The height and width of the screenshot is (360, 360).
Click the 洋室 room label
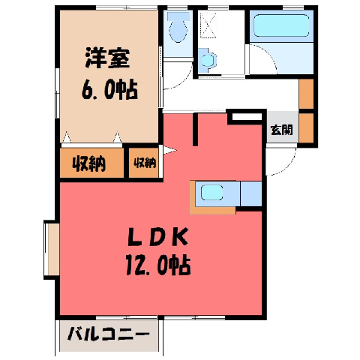coord(107,58)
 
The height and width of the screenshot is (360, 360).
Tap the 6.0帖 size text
coord(109,90)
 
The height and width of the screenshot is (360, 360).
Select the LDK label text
coord(157,236)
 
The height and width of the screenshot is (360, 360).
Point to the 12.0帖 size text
coord(158,265)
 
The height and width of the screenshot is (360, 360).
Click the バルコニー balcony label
coord(109,334)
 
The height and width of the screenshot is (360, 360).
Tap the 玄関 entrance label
coord(282,130)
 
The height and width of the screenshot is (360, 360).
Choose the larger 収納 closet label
coord(89,163)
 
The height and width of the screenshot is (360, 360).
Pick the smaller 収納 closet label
coord(145,163)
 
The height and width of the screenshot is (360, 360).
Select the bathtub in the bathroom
coord(281,25)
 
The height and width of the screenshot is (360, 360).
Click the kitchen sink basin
coord(211,193)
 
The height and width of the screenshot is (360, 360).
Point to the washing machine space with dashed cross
coord(208,25)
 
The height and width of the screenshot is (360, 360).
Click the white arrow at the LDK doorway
coord(169,150)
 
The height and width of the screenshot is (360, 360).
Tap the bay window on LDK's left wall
coord(52,250)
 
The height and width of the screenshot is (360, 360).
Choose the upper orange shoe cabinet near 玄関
coord(306,94)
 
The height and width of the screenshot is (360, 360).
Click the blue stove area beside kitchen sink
coord(251,194)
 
